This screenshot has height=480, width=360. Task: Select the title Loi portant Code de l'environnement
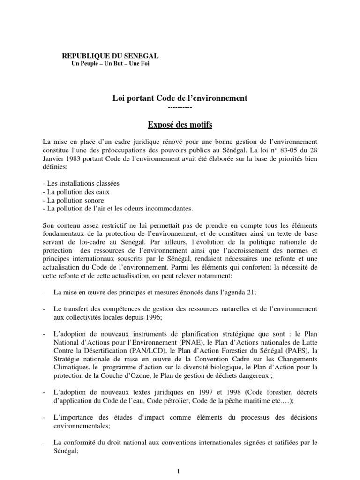tap(180, 98)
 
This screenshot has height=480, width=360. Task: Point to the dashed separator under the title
tap(180, 107)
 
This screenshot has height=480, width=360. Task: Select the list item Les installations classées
tap(81, 184)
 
